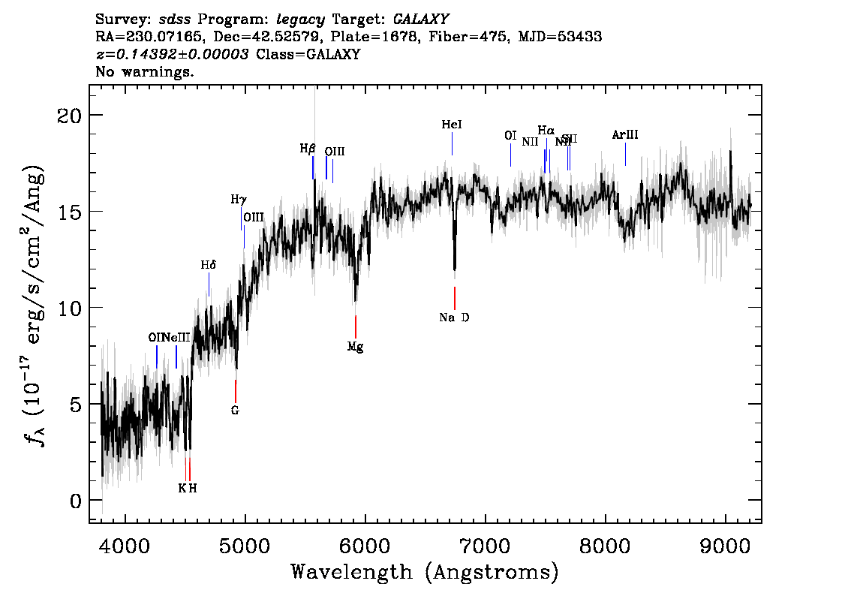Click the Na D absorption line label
tap(454, 318)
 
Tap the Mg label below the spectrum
tap(355, 347)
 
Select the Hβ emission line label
tap(308, 149)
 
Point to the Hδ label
tap(208, 265)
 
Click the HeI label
tap(452, 125)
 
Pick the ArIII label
tap(624, 135)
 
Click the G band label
tap(235, 411)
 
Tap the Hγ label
tap(238, 200)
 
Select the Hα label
tap(546, 131)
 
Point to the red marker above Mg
tap(356, 327)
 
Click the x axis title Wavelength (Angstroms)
tap(425, 572)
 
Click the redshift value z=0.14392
tap(173, 55)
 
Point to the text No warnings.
tap(145, 73)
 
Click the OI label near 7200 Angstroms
tap(510, 136)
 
